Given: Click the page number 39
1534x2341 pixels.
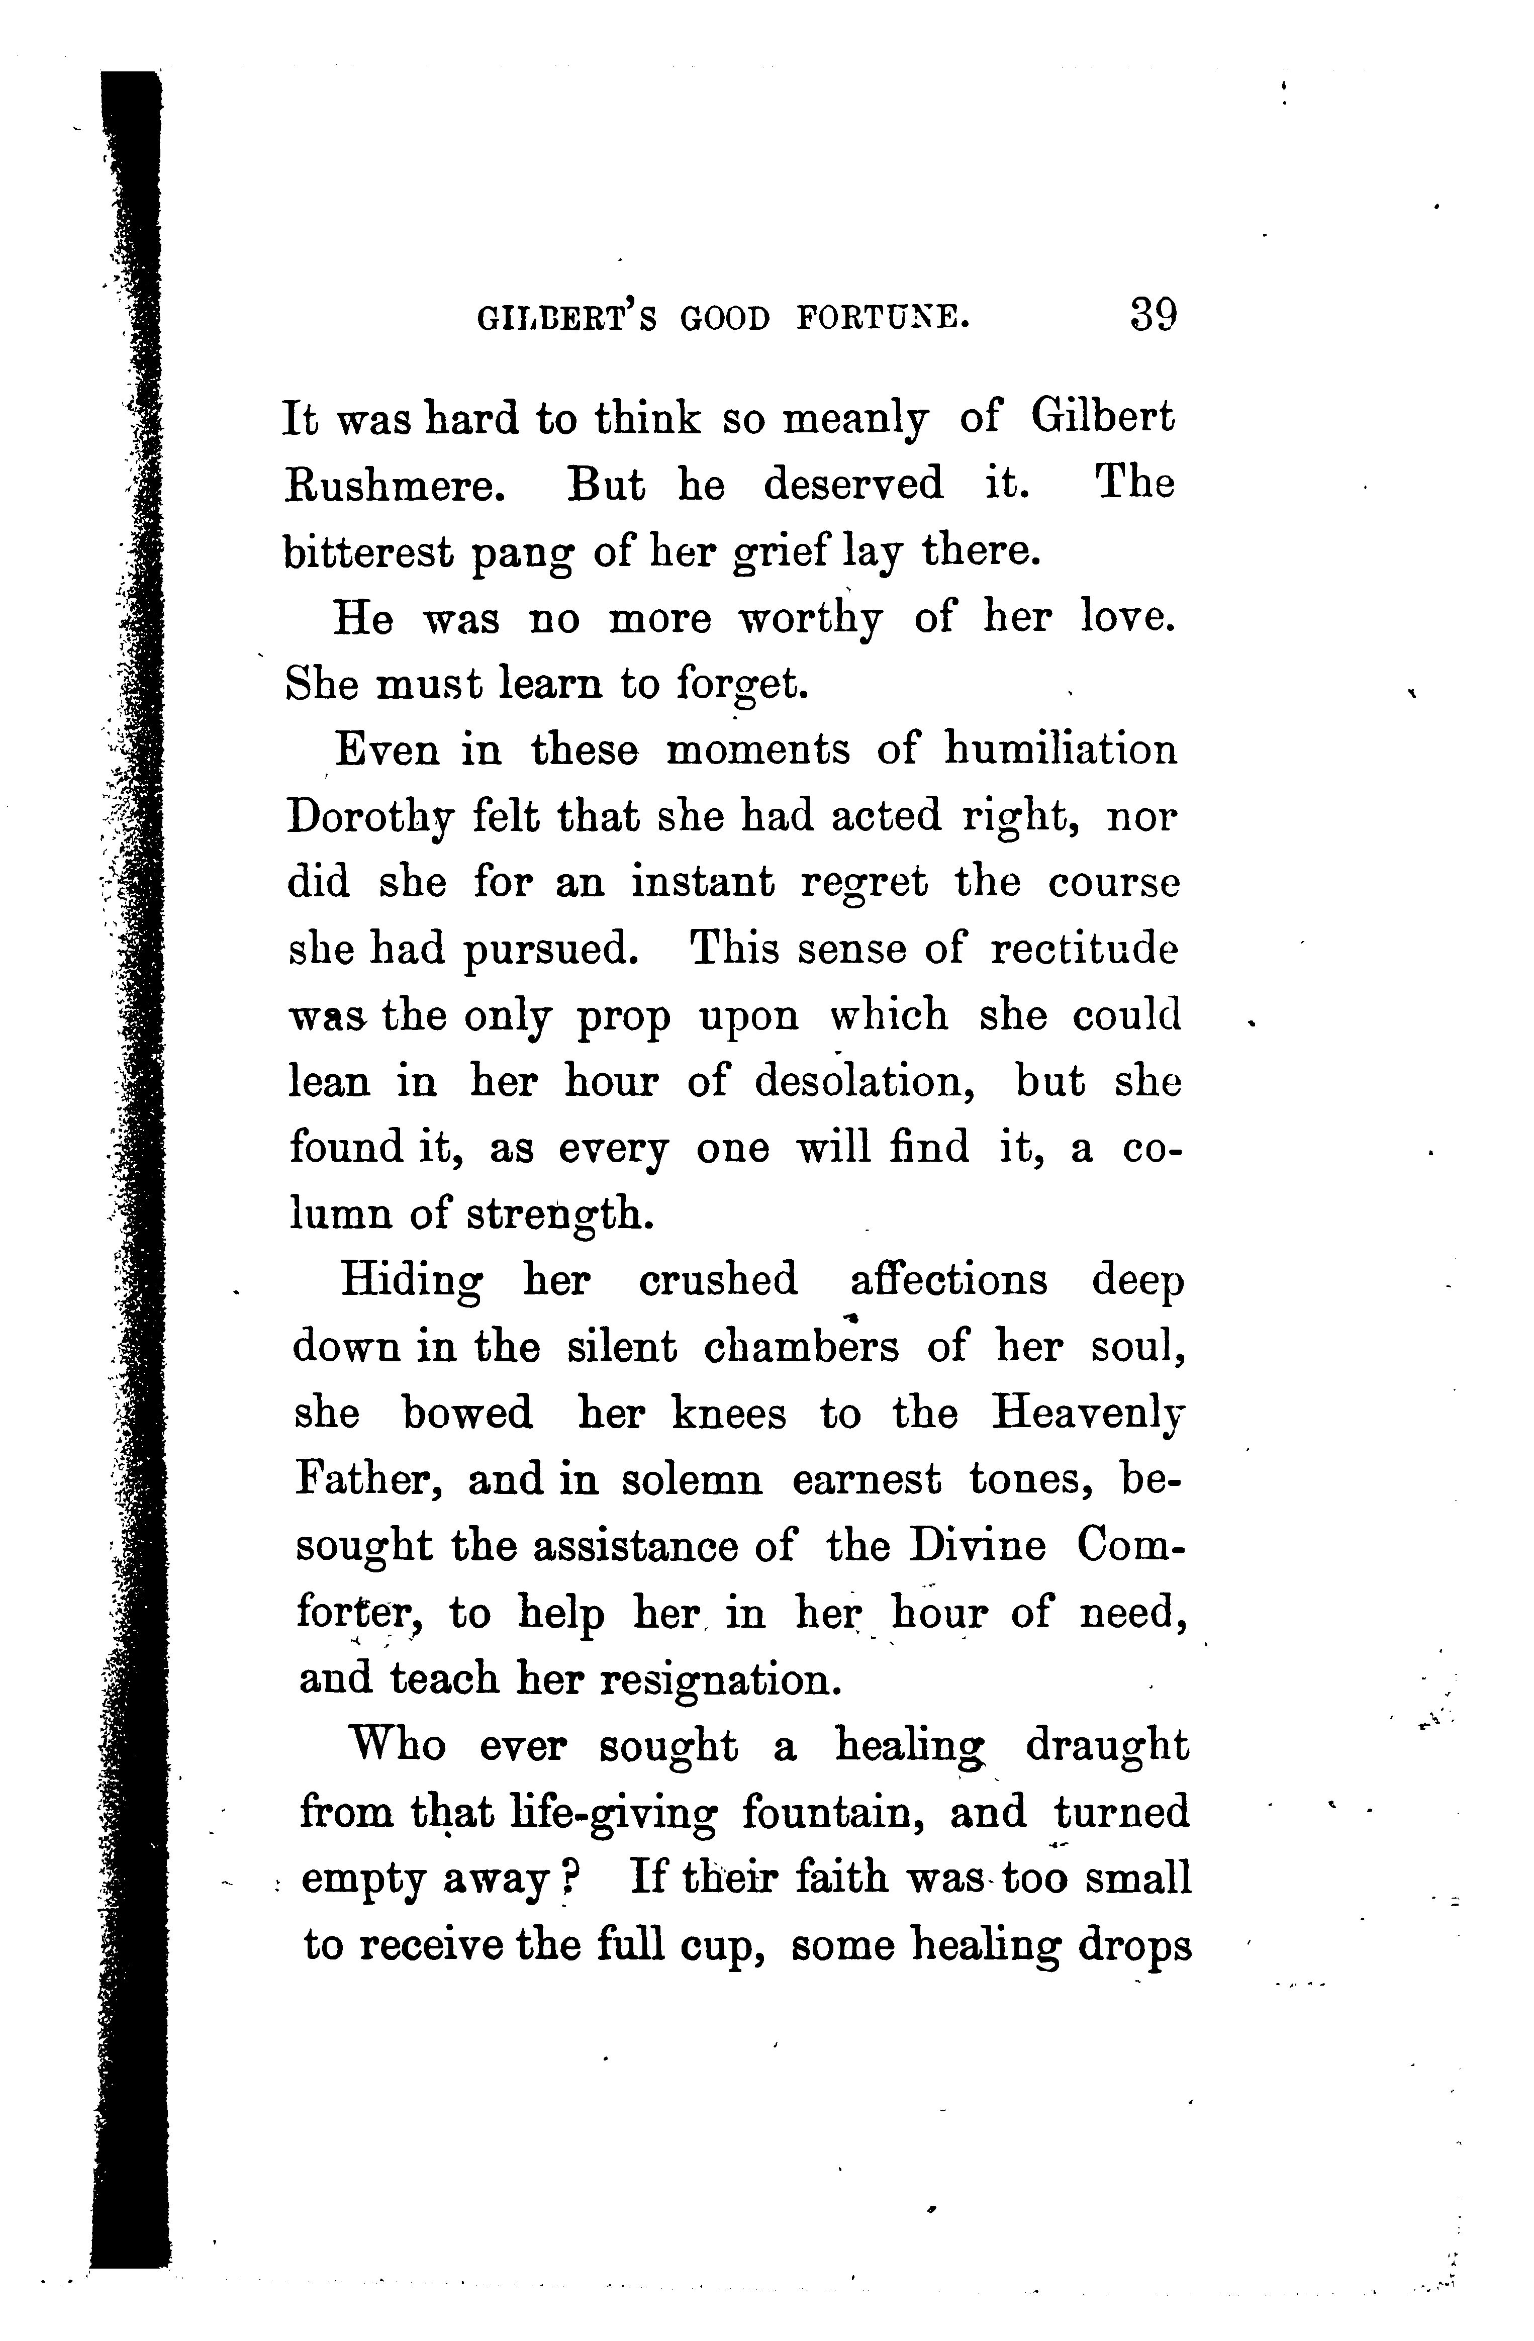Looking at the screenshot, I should click(1154, 317).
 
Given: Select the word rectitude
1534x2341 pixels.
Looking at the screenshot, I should click(1084, 950).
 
